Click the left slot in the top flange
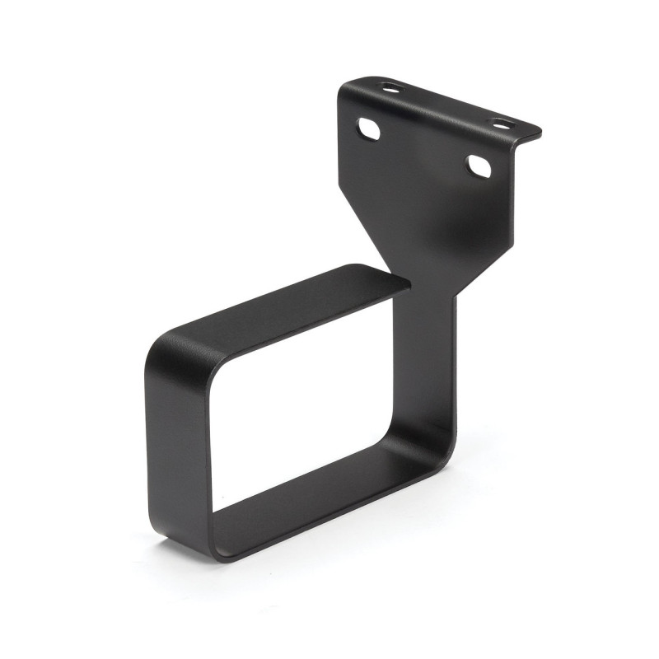(x=388, y=86)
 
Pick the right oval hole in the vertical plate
(x=479, y=166)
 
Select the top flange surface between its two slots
(x=445, y=103)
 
